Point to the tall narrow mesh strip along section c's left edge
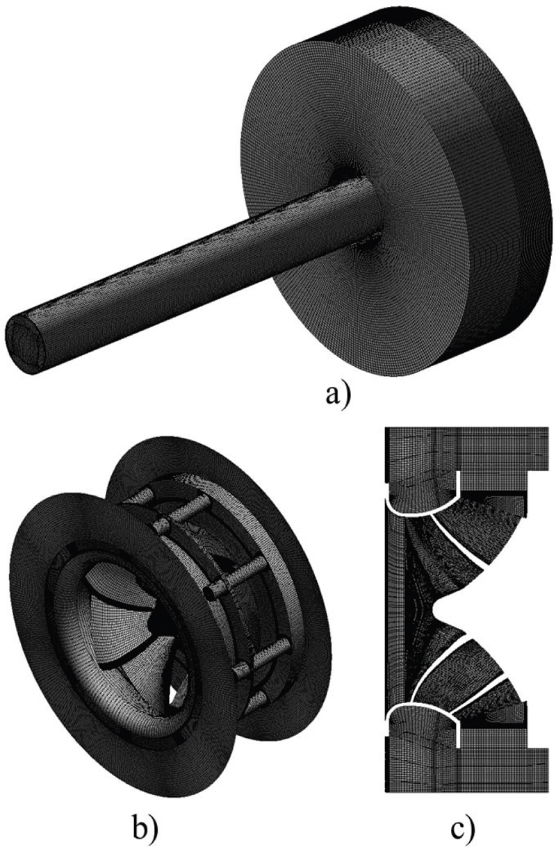pyautogui.click(x=393, y=611)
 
